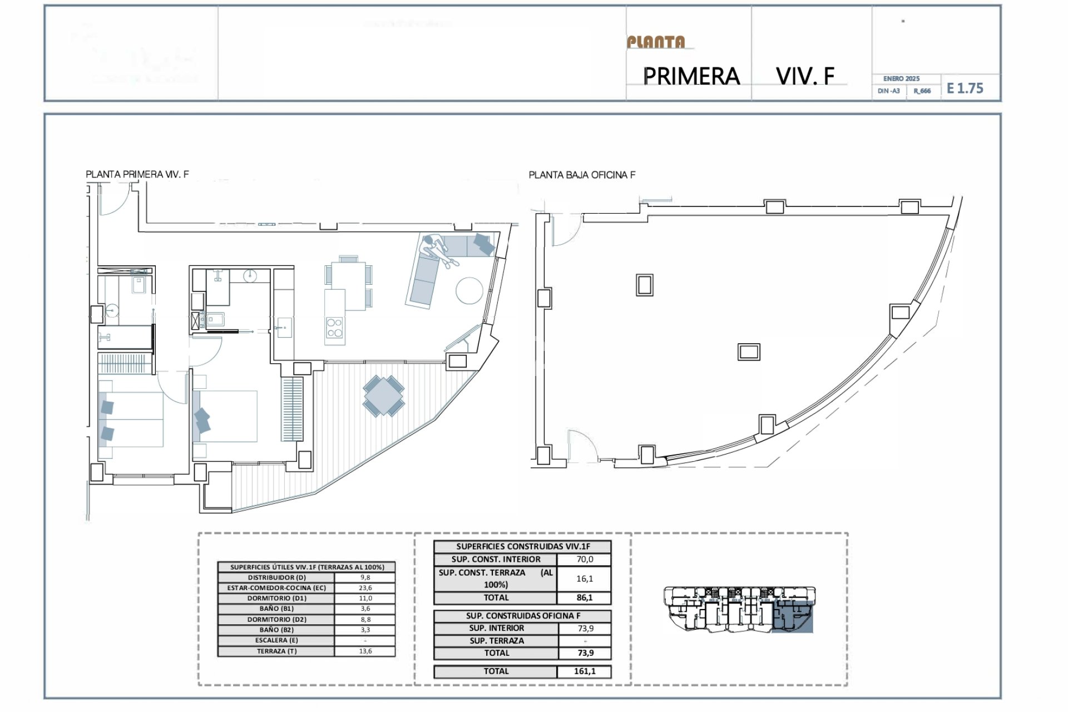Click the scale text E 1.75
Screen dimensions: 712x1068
click(x=965, y=88)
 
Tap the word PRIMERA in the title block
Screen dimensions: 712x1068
click(x=691, y=76)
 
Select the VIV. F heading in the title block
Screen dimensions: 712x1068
click(x=805, y=76)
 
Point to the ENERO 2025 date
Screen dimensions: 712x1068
click(x=901, y=79)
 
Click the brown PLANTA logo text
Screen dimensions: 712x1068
click(x=656, y=42)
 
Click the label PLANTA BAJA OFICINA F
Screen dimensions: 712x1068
click(x=582, y=175)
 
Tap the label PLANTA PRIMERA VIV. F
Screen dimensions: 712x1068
click(x=137, y=174)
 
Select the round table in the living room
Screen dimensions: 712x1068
click(x=469, y=290)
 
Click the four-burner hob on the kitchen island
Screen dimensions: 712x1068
click(x=334, y=328)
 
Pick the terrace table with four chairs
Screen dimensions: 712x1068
click(x=384, y=395)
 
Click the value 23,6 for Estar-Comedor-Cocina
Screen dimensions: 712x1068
click(x=365, y=588)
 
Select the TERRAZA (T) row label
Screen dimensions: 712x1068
click(x=276, y=651)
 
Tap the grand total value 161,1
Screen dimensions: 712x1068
click(x=584, y=671)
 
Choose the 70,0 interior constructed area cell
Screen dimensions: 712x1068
click(x=584, y=560)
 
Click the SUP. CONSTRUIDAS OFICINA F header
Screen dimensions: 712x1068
click(x=522, y=616)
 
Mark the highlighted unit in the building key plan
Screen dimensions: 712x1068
click(x=793, y=619)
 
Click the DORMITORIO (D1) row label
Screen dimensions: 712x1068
click(x=276, y=599)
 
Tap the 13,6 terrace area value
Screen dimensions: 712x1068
click(x=365, y=651)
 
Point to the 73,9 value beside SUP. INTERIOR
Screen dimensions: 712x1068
click(x=585, y=629)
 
